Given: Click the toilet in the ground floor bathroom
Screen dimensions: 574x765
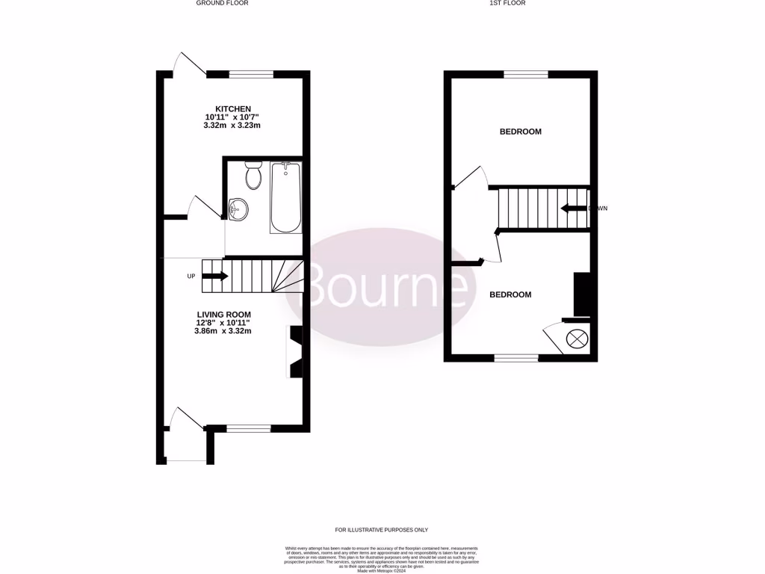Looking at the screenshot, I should [x=253, y=175].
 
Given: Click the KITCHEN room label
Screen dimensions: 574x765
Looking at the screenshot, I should [x=233, y=109].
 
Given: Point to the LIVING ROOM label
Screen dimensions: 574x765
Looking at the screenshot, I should [x=223, y=314].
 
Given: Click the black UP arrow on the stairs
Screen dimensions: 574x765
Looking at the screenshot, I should [x=215, y=276].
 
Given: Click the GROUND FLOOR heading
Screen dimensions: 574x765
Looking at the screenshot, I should [x=222, y=4].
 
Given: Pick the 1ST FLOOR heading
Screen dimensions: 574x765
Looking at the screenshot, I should [x=507, y=4].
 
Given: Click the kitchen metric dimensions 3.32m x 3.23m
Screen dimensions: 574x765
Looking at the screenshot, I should [x=232, y=126].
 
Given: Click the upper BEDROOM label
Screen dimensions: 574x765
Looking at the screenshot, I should [x=520, y=132].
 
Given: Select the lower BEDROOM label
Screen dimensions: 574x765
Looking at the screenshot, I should [x=510, y=294].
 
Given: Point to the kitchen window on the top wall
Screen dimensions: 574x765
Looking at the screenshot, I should [x=251, y=74].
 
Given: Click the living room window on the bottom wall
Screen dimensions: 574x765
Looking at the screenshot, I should [x=249, y=428].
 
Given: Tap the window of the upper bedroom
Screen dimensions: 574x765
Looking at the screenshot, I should [x=526, y=74].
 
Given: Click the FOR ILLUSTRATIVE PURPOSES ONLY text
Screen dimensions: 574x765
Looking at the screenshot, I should [x=382, y=530].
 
